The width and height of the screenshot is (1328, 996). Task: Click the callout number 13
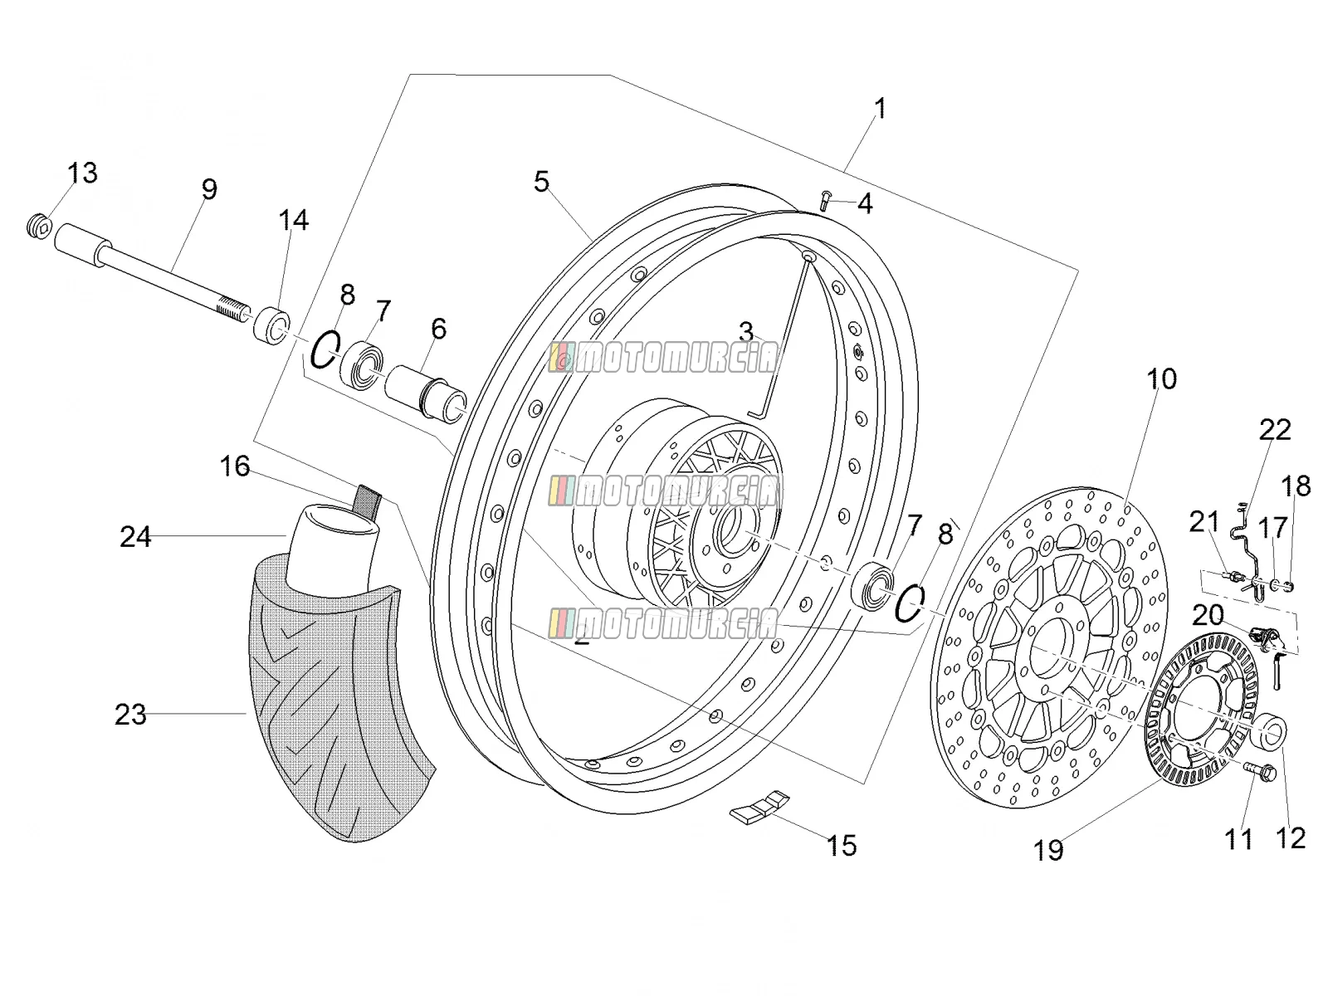coord(82,173)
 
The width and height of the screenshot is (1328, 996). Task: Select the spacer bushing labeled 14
coord(271,325)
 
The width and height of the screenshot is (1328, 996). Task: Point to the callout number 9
coord(209,189)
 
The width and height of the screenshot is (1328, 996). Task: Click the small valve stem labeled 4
coord(824,200)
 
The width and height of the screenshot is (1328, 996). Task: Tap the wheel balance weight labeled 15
coord(760,807)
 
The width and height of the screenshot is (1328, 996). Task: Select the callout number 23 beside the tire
coord(130,715)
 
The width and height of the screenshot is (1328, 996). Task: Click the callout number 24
coord(135,536)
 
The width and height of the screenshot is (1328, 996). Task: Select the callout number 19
coord(1048,850)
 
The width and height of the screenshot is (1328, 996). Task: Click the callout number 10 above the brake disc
coord(1162,379)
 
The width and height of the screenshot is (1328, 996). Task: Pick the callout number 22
coord(1276,430)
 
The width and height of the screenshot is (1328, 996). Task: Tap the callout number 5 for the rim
coord(541,182)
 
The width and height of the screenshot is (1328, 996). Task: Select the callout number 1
coord(881,109)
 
